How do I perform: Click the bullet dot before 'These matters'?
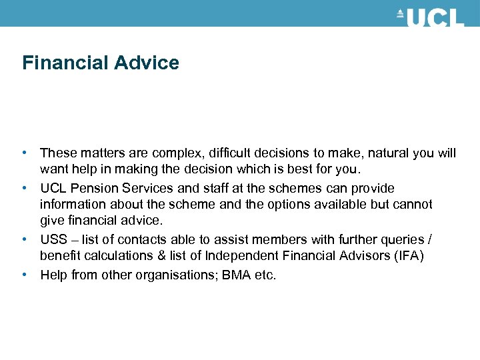click(x=25, y=153)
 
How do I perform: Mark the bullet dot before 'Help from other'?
click(x=25, y=275)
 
